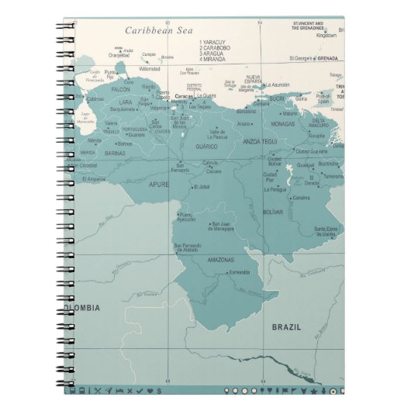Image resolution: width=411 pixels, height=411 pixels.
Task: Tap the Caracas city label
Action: click(x=184, y=96)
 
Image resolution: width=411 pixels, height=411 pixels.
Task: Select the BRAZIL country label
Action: click(x=286, y=327)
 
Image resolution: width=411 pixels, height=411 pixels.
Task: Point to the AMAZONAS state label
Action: click(x=220, y=259)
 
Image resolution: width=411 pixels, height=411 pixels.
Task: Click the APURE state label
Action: click(x=158, y=185)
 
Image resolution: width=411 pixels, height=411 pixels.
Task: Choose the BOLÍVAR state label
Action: click(x=274, y=211)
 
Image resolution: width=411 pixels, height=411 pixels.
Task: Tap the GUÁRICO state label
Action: click(x=206, y=146)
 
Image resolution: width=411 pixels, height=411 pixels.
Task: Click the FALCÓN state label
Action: click(x=121, y=90)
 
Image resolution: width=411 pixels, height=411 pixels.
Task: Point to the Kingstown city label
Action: click(x=326, y=35)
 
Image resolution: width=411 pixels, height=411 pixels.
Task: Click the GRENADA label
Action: click(x=327, y=58)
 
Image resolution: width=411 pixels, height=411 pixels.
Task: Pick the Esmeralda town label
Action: click(x=239, y=272)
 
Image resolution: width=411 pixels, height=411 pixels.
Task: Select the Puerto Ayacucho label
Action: click(x=187, y=216)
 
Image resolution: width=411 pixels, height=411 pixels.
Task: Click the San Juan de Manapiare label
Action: click(x=223, y=226)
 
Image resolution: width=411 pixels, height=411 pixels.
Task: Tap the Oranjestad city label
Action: click(x=119, y=55)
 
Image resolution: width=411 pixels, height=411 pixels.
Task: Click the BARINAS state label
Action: click(x=116, y=154)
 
